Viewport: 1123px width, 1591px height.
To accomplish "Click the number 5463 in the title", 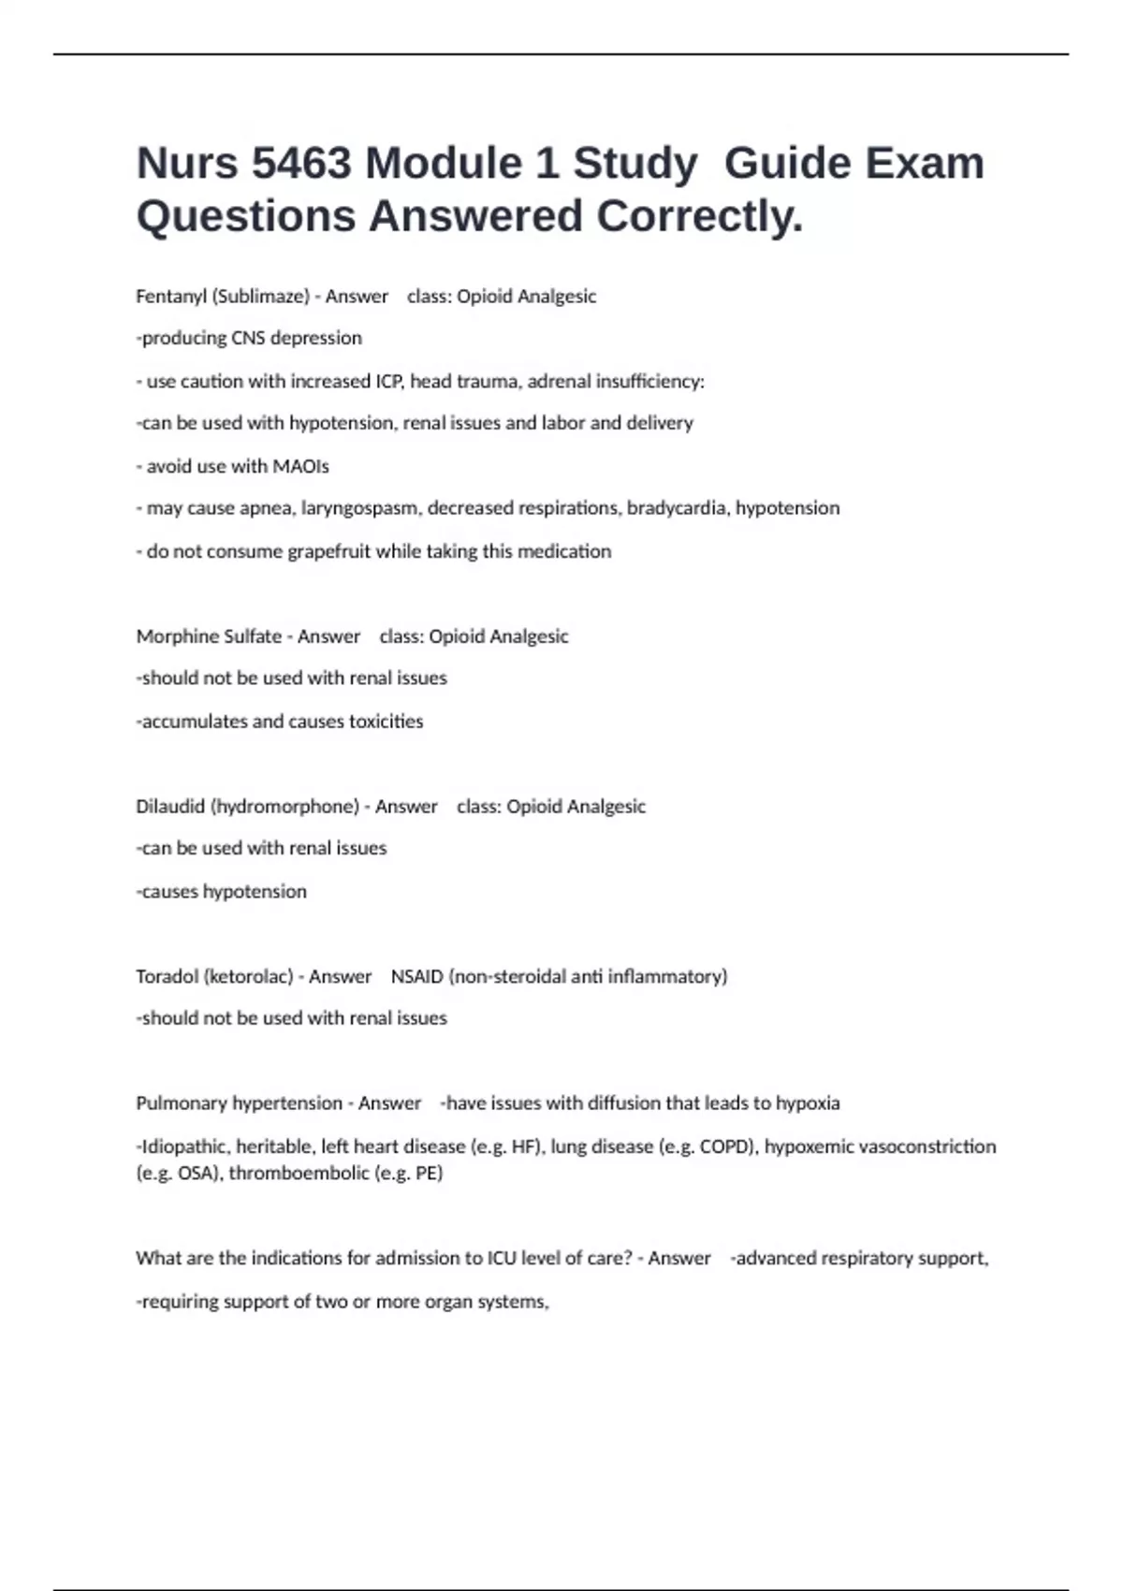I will (x=301, y=163).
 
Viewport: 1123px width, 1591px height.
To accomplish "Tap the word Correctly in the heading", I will (x=699, y=216).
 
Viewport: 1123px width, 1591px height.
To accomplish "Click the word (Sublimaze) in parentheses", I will (x=260, y=297).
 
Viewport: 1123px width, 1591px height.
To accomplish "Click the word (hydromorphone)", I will (x=284, y=807).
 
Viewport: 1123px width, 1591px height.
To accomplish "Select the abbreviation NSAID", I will (x=416, y=976).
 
